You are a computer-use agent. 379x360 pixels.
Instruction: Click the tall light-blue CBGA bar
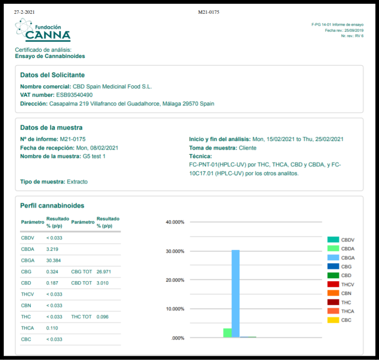pos(235,294)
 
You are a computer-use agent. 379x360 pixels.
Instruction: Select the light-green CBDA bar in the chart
pos(227,333)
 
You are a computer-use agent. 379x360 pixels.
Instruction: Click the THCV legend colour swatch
pos(333,284)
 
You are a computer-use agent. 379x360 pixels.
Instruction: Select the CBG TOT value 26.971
pos(104,272)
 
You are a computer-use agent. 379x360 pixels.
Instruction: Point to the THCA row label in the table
pos(28,328)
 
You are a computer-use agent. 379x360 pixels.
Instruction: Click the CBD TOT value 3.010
pos(104,283)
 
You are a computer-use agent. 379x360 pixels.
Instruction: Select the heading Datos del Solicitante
pos(53,75)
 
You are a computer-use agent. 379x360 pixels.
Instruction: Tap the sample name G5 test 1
pos(94,156)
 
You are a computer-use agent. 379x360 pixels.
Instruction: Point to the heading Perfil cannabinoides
pos(52,206)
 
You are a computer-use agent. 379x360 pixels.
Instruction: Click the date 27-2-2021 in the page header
pos(24,12)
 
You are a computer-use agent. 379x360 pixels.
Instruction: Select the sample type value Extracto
pos(77,181)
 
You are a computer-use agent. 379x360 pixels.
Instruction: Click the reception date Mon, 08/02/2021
pos(97,148)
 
